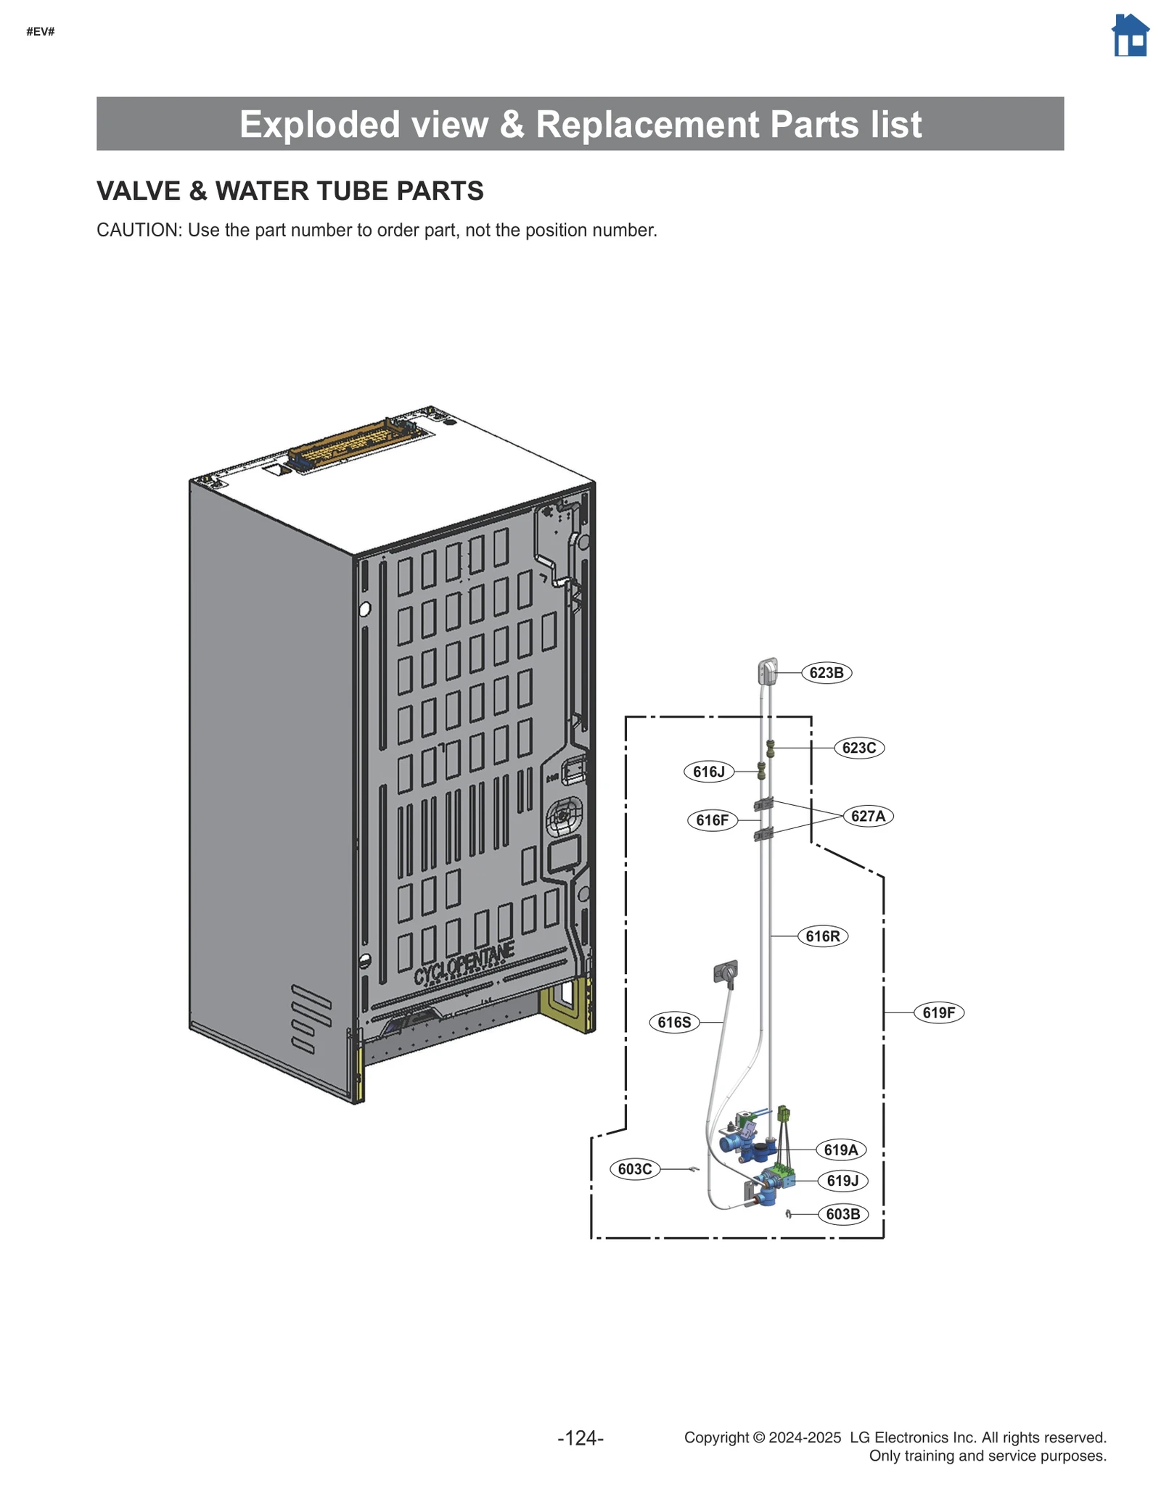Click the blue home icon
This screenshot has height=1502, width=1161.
point(1130,36)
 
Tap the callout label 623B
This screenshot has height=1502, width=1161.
point(826,672)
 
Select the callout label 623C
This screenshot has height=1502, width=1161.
point(859,748)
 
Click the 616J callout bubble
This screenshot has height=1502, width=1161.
point(708,772)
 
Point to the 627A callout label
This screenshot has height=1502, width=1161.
point(868,816)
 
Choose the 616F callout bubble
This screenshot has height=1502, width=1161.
point(712,820)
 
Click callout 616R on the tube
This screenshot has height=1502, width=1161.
point(822,936)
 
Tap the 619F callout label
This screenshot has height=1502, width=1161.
point(938,1012)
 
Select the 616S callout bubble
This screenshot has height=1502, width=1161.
point(674,1023)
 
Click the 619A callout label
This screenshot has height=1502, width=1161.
point(841,1150)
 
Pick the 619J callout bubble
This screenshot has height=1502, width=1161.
point(842,1181)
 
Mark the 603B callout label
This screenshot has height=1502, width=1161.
point(842,1214)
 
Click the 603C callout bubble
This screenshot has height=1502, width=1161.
point(635,1169)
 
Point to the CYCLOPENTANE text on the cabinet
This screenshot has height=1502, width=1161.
point(464,964)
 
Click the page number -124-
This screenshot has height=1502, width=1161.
point(580,1437)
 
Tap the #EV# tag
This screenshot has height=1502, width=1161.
point(41,32)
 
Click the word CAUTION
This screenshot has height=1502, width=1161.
point(138,230)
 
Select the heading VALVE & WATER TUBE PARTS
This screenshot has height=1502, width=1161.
point(290,191)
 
